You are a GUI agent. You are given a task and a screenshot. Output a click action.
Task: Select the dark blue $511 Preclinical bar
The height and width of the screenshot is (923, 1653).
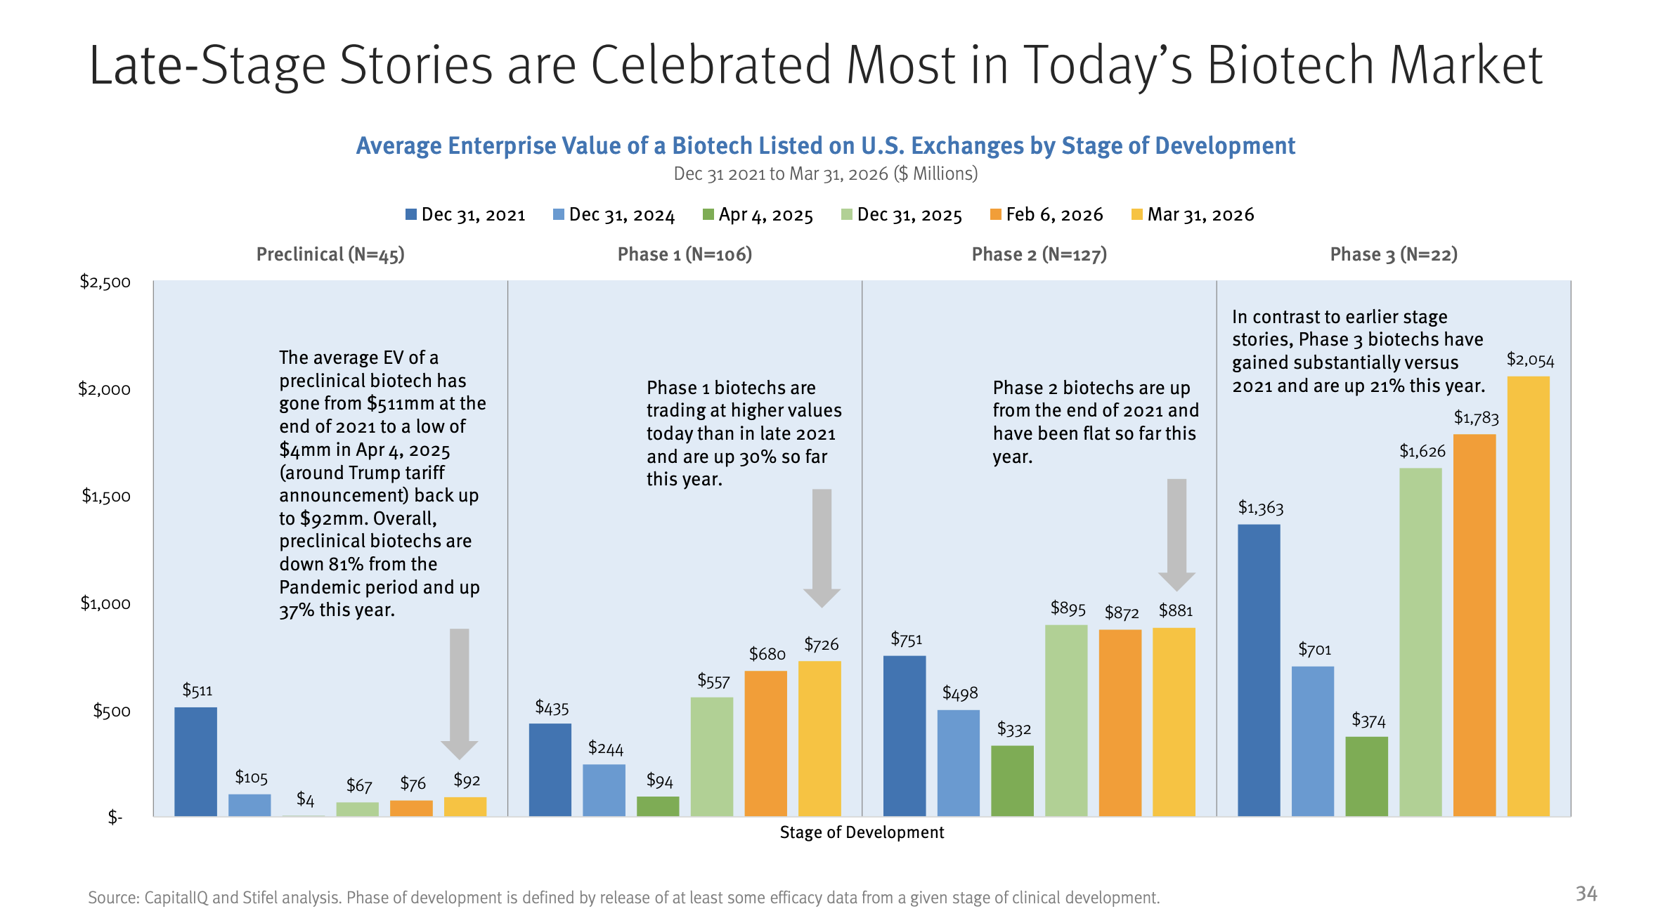(x=195, y=761)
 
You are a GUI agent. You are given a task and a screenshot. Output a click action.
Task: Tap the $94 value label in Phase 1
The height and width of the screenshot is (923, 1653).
(x=659, y=780)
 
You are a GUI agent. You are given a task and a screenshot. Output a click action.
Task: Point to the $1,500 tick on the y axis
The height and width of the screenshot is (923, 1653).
(x=106, y=496)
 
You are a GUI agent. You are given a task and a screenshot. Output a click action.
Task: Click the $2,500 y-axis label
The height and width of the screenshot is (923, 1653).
(x=105, y=282)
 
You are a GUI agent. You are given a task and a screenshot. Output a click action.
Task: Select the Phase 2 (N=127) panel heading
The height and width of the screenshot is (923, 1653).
(x=1039, y=254)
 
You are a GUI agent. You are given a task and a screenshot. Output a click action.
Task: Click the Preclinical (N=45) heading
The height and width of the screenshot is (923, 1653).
(x=330, y=254)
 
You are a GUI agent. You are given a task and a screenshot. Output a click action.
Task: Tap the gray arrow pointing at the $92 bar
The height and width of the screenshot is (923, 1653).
(x=459, y=692)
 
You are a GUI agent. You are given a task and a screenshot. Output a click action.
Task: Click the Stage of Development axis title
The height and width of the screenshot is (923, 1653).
(x=862, y=832)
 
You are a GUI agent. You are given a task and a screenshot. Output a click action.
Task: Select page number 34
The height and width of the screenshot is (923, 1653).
(x=1586, y=893)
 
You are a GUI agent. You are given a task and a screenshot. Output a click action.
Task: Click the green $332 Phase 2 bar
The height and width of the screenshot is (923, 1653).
(x=1012, y=780)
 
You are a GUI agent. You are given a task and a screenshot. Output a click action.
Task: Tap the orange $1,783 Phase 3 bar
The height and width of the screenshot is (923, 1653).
(x=1474, y=625)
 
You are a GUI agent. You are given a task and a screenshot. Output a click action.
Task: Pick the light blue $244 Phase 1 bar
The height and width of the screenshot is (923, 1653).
(x=604, y=790)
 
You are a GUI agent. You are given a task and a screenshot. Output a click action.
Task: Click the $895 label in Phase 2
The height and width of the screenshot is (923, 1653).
(x=1068, y=608)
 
